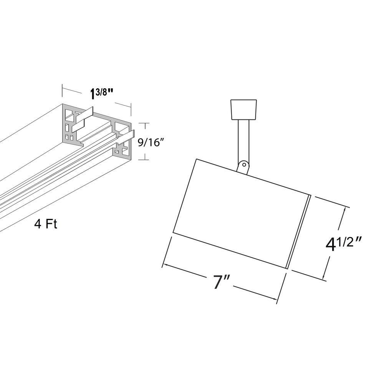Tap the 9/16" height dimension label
[151, 142]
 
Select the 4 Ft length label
[46, 224]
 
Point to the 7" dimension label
[222, 282]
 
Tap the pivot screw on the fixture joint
[244, 164]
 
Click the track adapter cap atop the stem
[244, 109]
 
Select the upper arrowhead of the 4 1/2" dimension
[345, 210]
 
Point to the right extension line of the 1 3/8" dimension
[131, 109]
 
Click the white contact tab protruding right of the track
[126, 137]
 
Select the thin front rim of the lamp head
[299, 232]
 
